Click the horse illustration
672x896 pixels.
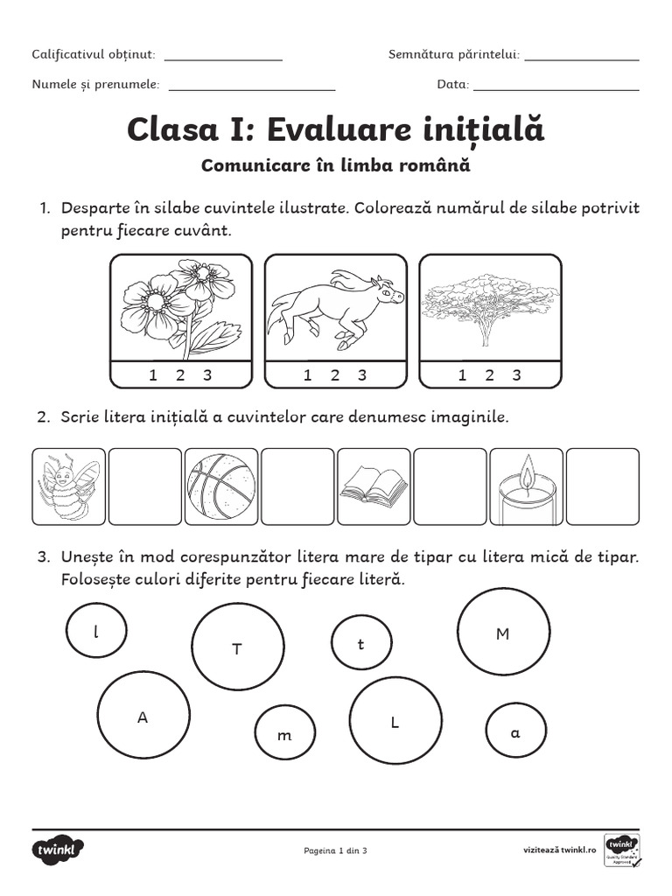click(x=336, y=308)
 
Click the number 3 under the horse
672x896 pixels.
click(x=361, y=375)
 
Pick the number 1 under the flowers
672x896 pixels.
click(x=153, y=375)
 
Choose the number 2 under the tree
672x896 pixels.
click(x=489, y=375)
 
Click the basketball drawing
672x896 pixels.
click(x=222, y=487)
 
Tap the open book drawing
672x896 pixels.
click(x=374, y=486)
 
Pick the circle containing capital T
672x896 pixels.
click(x=237, y=647)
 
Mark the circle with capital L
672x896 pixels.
click(x=395, y=723)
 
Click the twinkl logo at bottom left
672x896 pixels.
click(x=59, y=850)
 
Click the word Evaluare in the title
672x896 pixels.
click(x=330, y=130)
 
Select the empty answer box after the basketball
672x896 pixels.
click(x=297, y=486)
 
